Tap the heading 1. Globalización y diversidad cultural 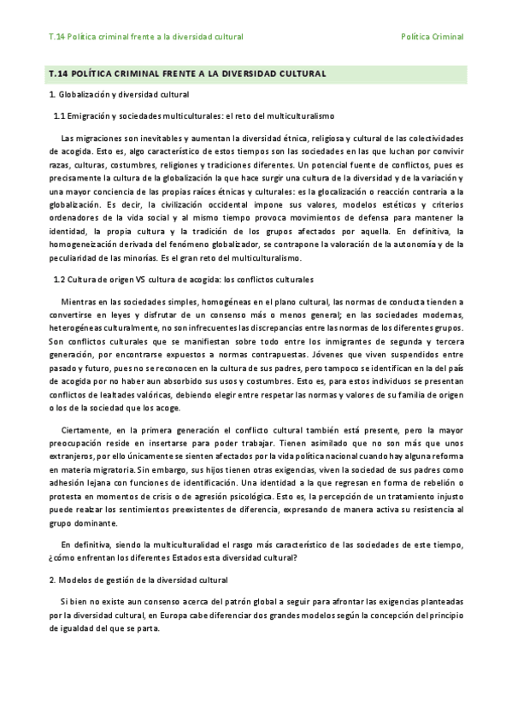[119, 94]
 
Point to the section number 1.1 [60, 115]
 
